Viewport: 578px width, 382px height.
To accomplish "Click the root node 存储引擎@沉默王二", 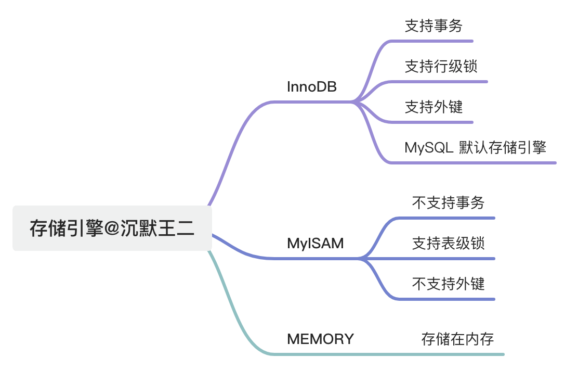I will pyautogui.click(x=112, y=228).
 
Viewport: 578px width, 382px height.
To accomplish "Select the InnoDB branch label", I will pyautogui.click(x=311, y=87).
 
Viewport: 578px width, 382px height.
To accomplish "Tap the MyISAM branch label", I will pyautogui.click(x=315, y=243).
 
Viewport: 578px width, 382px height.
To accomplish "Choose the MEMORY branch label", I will pyautogui.click(x=320, y=339).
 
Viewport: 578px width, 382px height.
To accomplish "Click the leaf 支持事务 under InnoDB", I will pyautogui.click(x=433, y=26).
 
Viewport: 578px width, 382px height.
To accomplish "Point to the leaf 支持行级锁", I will pyautogui.click(x=441, y=67).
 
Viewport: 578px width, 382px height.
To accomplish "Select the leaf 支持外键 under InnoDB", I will pyautogui.click(x=433, y=107).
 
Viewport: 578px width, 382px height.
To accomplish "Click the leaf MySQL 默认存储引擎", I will pyautogui.click(x=475, y=147).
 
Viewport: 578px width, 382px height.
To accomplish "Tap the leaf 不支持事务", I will pyautogui.click(x=448, y=202).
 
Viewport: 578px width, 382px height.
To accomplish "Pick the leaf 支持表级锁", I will pyautogui.click(x=448, y=243).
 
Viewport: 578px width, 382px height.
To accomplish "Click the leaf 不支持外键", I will pyautogui.click(x=448, y=284).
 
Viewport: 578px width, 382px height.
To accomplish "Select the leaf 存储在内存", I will pyautogui.click(x=457, y=339).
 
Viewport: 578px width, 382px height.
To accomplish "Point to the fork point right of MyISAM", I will pyautogui.click(x=361, y=258).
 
